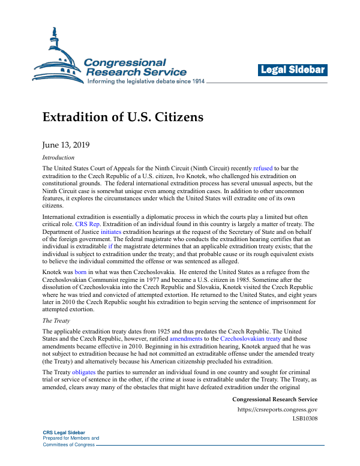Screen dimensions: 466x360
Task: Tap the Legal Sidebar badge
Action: coord(293,70)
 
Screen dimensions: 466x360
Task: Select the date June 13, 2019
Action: coord(65,145)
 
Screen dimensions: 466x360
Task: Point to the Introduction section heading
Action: coord(58,158)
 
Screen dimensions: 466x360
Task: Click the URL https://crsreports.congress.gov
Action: coord(277,410)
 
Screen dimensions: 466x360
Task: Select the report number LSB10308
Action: coord(305,418)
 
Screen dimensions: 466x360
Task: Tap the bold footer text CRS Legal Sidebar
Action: coord(64,433)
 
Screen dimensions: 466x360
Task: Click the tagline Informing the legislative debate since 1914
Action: coord(146,81)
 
